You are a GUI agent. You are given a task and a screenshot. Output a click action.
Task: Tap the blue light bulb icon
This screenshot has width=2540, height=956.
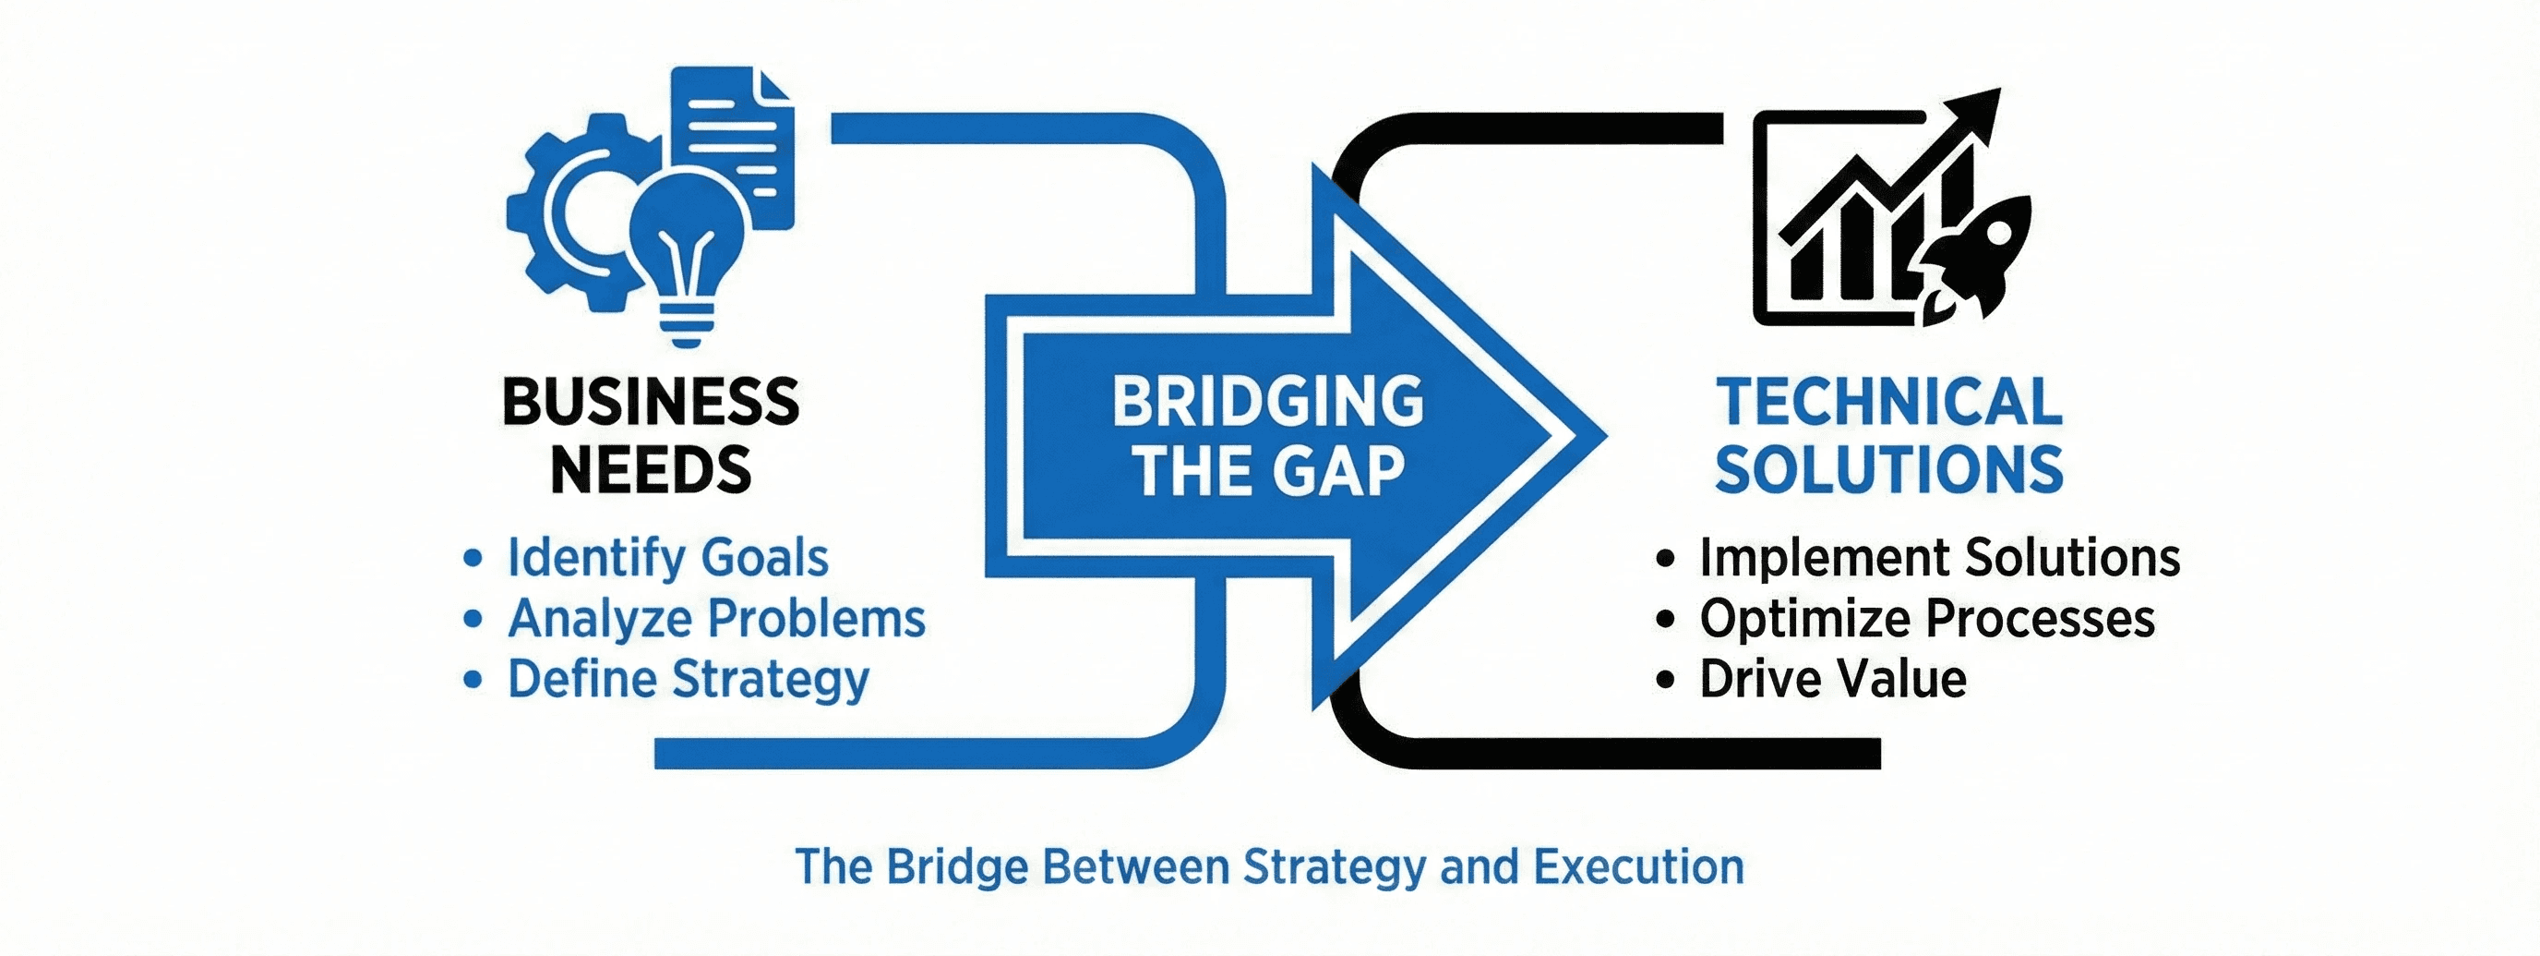[688, 247]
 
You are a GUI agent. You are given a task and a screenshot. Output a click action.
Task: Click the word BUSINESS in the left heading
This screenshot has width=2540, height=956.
[651, 402]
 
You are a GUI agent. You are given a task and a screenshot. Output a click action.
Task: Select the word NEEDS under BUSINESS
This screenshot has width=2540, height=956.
[651, 469]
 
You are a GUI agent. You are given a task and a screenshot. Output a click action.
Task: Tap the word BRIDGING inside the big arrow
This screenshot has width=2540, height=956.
[1268, 402]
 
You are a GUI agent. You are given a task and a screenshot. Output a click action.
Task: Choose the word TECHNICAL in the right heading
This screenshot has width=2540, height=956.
[1889, 402]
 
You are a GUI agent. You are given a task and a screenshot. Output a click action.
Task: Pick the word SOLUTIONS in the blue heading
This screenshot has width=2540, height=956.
[1889, 469]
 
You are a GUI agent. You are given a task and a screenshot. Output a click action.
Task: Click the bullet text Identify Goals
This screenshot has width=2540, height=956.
[667, 557]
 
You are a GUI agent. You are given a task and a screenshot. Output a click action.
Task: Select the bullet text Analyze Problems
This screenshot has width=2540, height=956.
[717, 619]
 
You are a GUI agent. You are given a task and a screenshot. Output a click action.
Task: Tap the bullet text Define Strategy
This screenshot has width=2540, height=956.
[689, 680]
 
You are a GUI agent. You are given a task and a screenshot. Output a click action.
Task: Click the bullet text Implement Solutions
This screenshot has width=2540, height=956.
[1939, 557]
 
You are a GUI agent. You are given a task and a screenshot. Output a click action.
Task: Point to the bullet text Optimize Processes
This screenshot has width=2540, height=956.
[1927, 619]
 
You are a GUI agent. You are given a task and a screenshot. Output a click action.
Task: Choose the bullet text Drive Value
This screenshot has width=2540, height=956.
[1833, 680]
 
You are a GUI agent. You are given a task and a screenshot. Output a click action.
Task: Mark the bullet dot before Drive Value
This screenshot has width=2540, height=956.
[1665, 680]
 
